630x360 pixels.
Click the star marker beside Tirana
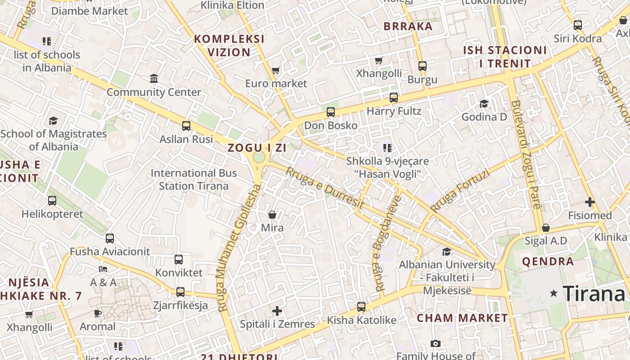(x=554, y=293)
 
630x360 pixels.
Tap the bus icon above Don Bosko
(x=331, y=112)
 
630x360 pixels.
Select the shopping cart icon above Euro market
(x=276, y=70)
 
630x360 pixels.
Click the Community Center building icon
(x=154, y=79)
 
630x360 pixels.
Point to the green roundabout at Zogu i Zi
(x=259, y=157)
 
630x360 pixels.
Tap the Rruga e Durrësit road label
(x=324, y=188)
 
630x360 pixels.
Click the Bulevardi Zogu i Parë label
(x=525, y=154)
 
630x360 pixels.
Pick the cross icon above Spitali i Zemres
(x=277, y=311)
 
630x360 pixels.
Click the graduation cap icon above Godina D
(x=484, y=104)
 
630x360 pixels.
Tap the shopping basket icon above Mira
(x=272, y=215)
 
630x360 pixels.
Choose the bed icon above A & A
(x=103, y=269)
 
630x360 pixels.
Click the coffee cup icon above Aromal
(x=98, y=313)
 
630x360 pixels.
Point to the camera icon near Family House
(x=435, y=344)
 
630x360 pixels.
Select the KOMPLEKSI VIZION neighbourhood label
(x=229, y=45)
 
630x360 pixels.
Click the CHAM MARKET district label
(x=462, y=318)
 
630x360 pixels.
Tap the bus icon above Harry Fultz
(x=394, y=97)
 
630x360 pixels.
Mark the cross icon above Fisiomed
(x=590, y=202)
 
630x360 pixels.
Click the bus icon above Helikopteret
(x=52, y=200)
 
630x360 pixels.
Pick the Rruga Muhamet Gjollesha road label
(x=238, y=247)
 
